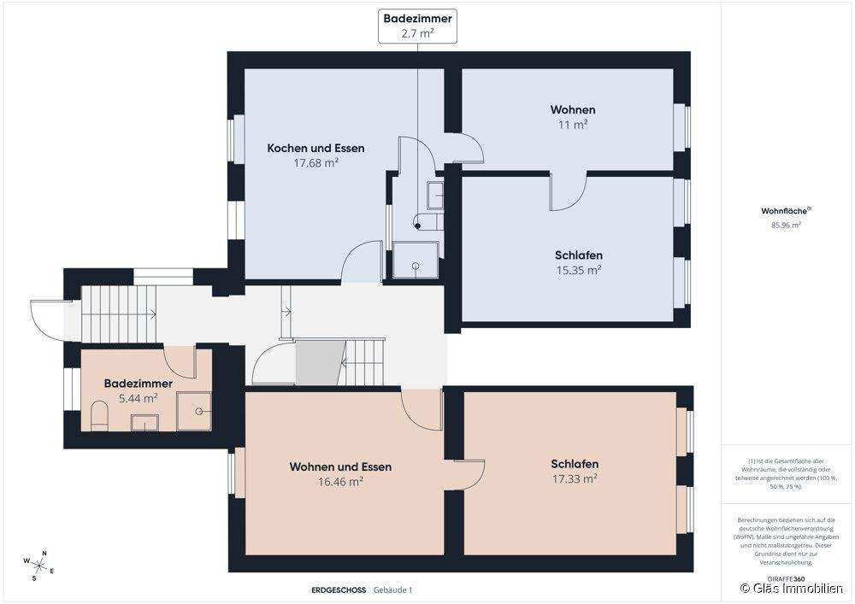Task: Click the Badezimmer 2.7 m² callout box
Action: click(x=418, y=26)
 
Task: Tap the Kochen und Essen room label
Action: click(x=315, y=148)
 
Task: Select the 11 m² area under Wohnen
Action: click(x=573, y=125)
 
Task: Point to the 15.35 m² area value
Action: click(x=579, y=270)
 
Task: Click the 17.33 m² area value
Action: click(x=575, y=478)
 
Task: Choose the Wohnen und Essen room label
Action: click(x=340, y=466)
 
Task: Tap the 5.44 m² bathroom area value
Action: click(x=138, y=398)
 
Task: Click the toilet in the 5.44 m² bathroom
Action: click(x=99, y=416)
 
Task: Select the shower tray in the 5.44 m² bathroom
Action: click(x=193, y=411)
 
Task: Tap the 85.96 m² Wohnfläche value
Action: click(x=786, y=225)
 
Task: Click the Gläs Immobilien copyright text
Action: click(x=791, y=589)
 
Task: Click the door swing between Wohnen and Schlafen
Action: click(x=567, y=191)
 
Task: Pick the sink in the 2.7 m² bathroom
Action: click(x=435, y=196)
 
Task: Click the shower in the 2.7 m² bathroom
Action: click(x=416, y=261)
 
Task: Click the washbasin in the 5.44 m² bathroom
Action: click(x=144, y=423)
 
